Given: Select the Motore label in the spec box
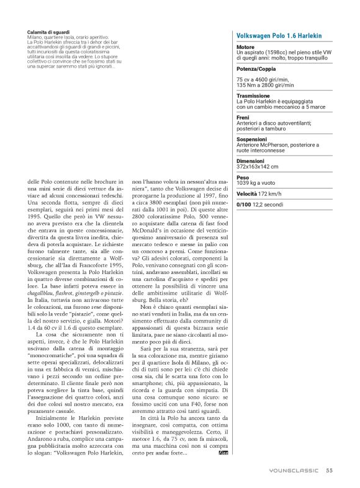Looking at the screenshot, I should point(245,47).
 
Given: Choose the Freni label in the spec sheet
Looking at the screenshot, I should point(243,118).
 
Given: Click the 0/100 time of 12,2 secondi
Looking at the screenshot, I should point(275,204).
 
